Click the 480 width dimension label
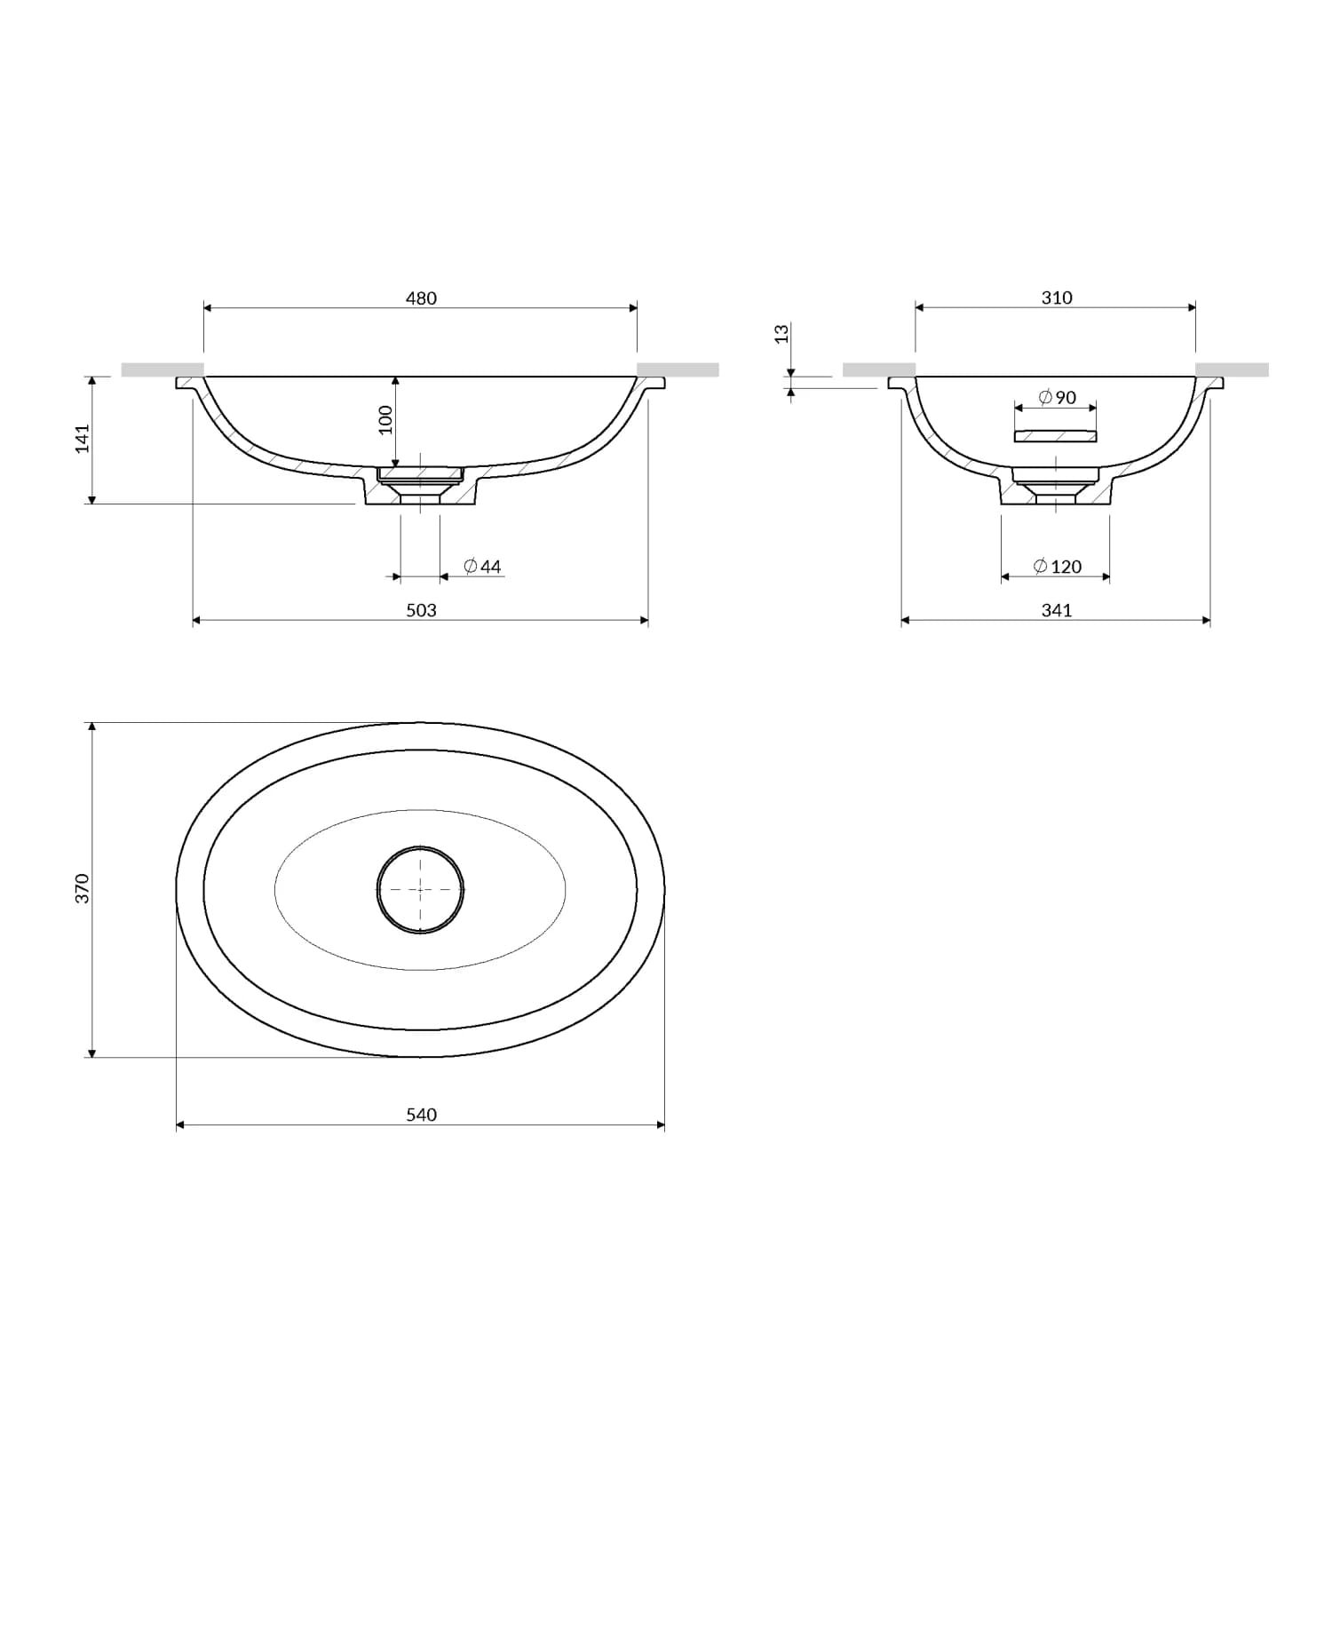[x=421, y=298]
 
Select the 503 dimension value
[x=421, y=610]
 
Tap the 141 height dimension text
[x=83, y=439]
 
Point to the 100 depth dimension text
[x=385, y=419]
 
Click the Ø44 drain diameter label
[x=483, y=567]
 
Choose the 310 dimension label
[x=1057, y=298]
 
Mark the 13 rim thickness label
[x=781, y=334]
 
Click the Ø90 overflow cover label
[x=1057, y=398]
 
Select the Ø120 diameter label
[x=1058, y=567]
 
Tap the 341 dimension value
[x=1057, y=610]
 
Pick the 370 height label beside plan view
[x=83, y=889]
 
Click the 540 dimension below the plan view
[x=421, y=1115]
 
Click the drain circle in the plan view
[x=420, y=889]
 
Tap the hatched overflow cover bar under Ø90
[x=1055, y=436]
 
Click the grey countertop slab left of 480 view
[x=163, y=369]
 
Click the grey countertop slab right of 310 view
[x=1232, y=369]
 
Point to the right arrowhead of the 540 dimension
[x=661, y=1125]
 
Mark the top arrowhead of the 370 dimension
[x=91, y=727]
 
